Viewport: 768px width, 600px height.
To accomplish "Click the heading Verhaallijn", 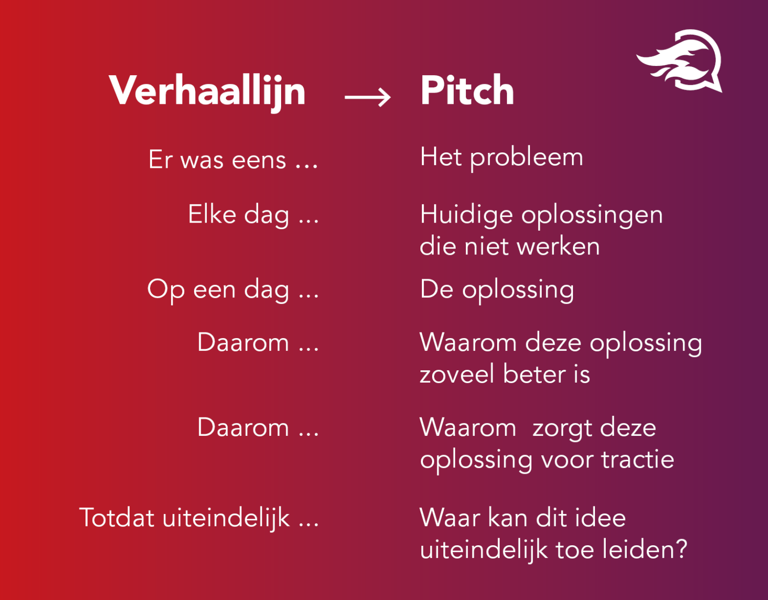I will (207, 91).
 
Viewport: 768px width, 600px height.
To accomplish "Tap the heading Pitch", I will (467, 91).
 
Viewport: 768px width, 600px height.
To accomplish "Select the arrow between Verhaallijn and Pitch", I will (368, 97).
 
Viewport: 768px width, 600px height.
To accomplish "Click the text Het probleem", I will (501, 157).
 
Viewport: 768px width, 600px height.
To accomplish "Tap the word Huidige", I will (466, 215).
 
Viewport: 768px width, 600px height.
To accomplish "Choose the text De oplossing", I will (497, 290).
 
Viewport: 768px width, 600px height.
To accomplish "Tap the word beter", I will (534, 374).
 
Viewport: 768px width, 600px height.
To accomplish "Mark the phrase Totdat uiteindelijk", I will (199, 518).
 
